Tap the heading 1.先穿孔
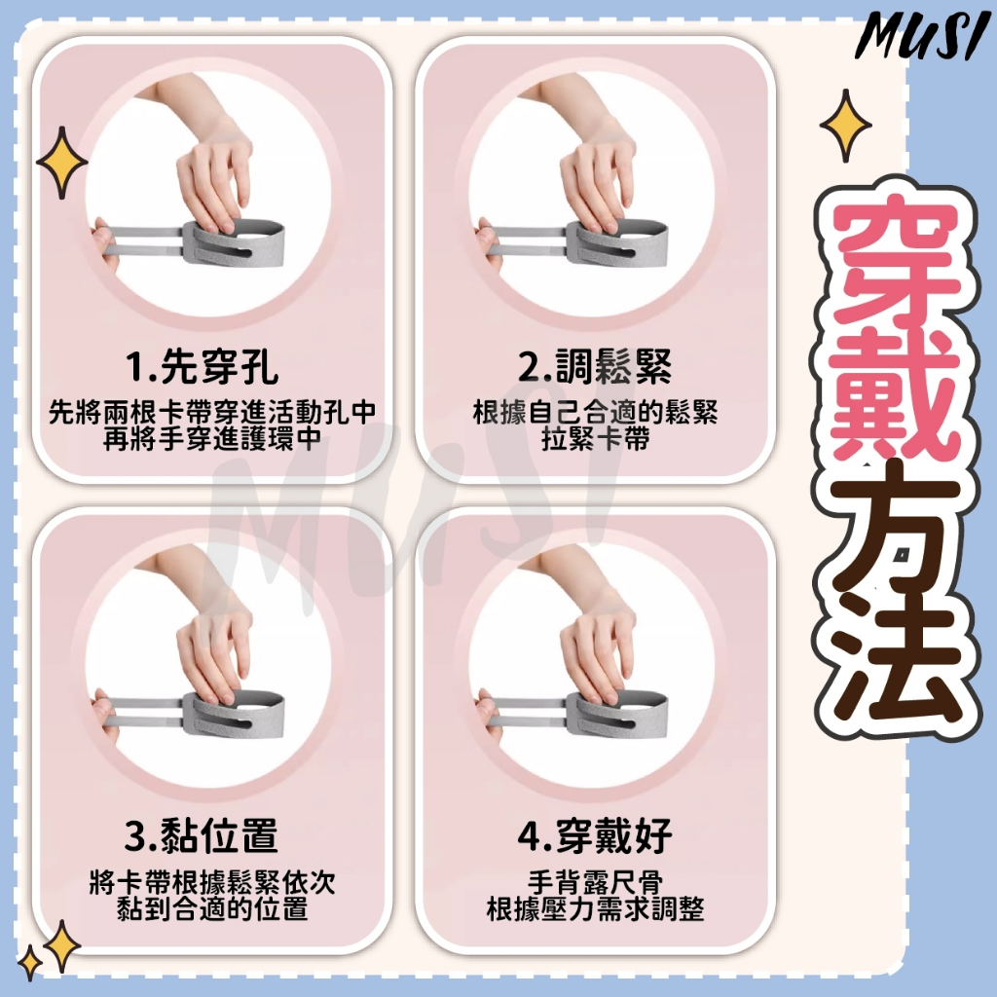pyautogui.click(x=203, y=367)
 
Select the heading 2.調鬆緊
pyautogui.click(x=595, y=367)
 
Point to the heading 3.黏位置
pyautogui.click(x=203, y=835)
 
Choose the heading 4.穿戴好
pyautogui.click(x=595, y=835)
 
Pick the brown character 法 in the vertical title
pyautogui.click(x=898, y=668)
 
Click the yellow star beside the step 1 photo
pyautogui.click(x=61, y=163)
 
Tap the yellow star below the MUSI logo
pyautogui.click(x=846, y=126)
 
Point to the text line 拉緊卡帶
pyautogui.click(x=595, y=440)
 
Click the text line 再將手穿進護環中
pyautogui.click(x=212, y=440)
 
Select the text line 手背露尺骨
pyautogui.click(x=595, y=882)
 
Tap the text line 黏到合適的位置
pyautogui.click(x=212, y=909)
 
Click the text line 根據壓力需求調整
pyautogui.click(x=595, y=909)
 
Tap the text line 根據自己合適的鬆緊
pyautogui.click(x=595, y=413)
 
